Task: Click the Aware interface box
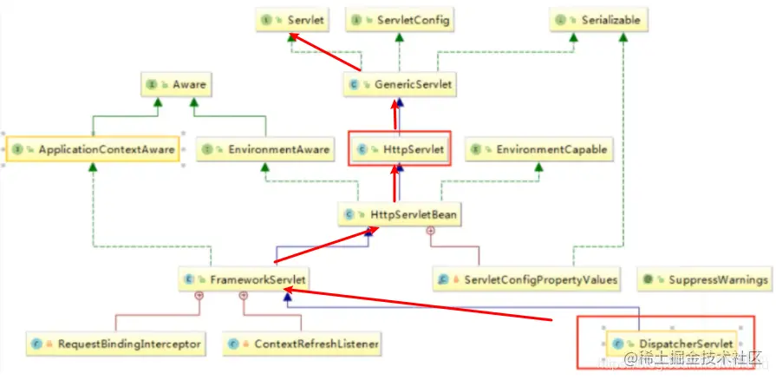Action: click(x=177, y=85)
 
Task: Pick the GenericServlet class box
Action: click(x=400, y=85)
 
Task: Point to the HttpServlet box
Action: click(x=400, y=149)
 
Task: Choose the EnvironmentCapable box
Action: click(x=538, y=149)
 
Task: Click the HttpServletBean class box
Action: click(x=399, y=213)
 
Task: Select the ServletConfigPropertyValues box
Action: click(x=529, y=279)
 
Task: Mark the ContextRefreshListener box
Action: click(x=303, y=344)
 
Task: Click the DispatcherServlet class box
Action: click(x=672, y=344)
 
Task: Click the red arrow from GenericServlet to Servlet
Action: click(x=326, y=53)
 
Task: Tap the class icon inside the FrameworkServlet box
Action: click(x=189, y=279)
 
